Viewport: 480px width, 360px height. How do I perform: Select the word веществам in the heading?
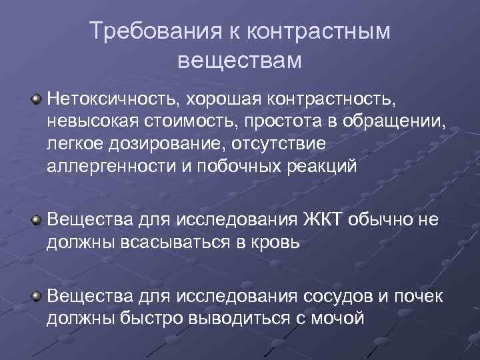240,61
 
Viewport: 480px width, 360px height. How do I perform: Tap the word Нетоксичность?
111,99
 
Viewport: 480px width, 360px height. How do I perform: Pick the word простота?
286,121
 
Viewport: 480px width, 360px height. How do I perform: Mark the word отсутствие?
275,143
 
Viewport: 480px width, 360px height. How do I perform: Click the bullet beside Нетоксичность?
37,99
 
